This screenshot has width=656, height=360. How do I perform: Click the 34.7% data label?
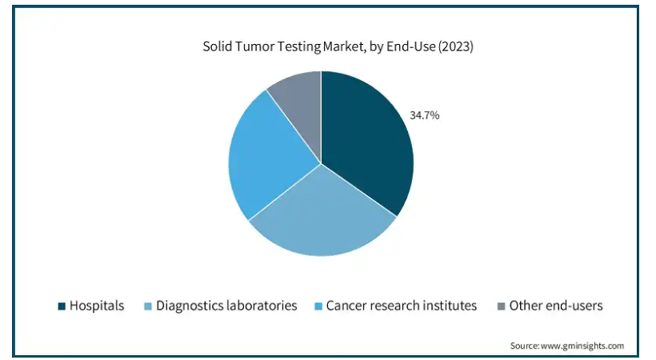point(424,115)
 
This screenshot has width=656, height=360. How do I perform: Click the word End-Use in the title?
point(411,46)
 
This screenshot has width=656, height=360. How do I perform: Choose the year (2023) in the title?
point(456,46)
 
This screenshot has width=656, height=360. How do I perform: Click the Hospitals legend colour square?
point(62,306)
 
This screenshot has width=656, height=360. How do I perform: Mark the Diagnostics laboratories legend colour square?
point(148,306)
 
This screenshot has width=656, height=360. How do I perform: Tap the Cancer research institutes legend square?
point(318,306)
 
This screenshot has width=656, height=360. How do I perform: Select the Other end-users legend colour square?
point(501,306)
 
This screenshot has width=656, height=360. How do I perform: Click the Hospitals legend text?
point(97,306)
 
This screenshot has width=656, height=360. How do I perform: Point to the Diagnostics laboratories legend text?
point(226,306)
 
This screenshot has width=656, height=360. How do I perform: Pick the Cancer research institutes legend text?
point(402,306)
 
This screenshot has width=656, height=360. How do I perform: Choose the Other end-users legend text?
point(556,306)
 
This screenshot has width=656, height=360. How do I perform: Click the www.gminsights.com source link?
point(582,346)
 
